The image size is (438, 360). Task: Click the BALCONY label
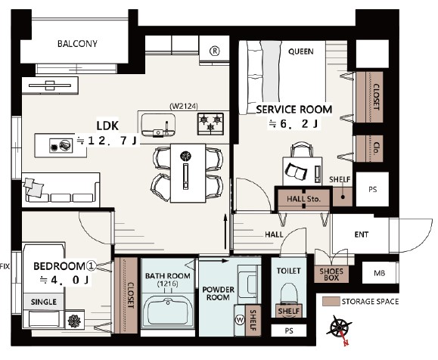[x=77, y=44]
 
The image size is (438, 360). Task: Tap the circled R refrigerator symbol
[x=215, y=51]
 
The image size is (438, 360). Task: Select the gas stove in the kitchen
[x=210, y=124]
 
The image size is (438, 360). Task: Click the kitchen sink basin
[x=158, y=124]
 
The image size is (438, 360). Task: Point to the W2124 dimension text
[x=184, y=106]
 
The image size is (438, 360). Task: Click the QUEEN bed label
[x=301, y=51]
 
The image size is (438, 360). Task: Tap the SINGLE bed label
[x=44, y=302]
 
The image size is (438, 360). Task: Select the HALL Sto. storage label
[x=303, y=199]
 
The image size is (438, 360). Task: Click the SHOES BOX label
[x=331, y=275]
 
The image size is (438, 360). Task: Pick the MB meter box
[x=379, y=273]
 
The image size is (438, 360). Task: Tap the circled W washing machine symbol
[x=240, y=320]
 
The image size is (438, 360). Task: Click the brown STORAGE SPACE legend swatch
[x=331, y=301]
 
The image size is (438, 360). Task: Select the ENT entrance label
[x=362, y=234]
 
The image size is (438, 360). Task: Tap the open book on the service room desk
[x=296, y=171]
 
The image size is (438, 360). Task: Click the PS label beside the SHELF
[x=373, y=189]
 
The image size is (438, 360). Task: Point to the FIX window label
[x=5, y=266]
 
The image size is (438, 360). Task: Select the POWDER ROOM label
[x=218, y=293]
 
